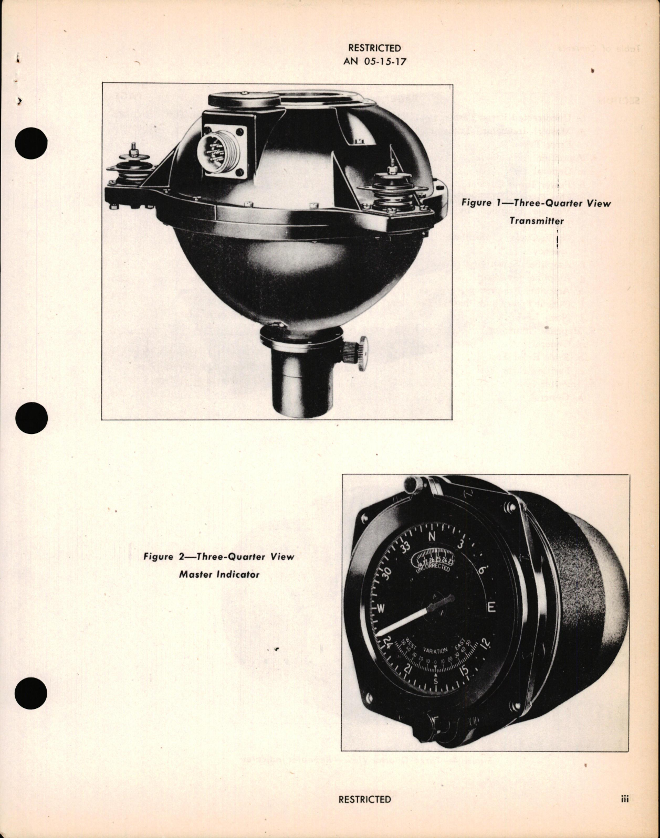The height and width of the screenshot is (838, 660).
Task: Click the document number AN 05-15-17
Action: click(374, 61)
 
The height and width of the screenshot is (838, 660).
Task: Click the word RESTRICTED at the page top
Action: click(374, 48)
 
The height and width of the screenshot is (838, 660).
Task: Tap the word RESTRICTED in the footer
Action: click(364, 799)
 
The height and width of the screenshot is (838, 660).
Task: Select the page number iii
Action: click(624, 799)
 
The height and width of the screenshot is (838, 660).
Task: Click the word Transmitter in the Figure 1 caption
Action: click(536, 221)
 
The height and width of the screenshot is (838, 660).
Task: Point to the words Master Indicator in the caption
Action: click(219, 575)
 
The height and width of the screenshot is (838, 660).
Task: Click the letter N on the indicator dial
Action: click(433, 537)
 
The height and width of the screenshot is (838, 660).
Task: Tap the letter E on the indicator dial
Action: click(491, 608)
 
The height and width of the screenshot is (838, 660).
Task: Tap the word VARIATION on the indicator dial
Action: click(435, 651)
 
